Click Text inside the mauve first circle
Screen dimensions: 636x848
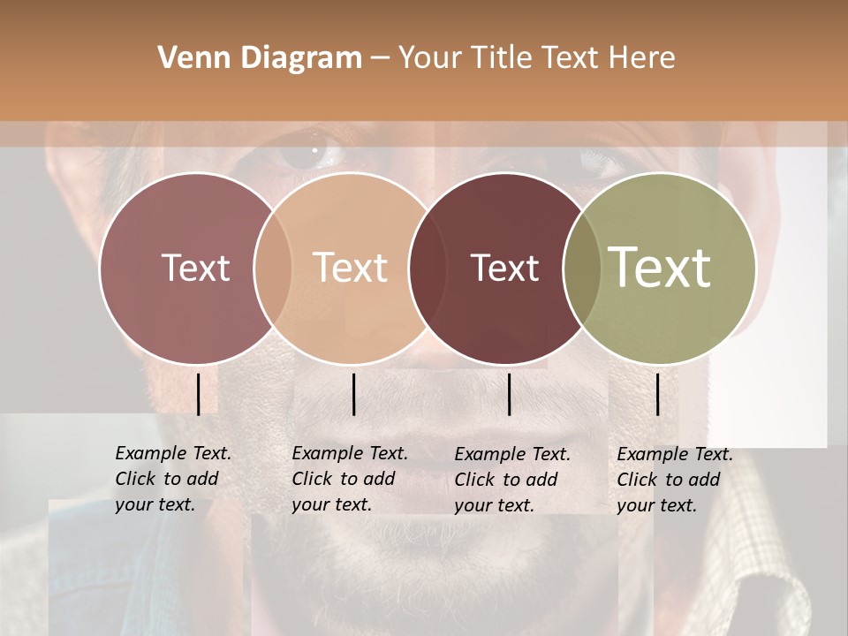195,268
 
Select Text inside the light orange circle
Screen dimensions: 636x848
351,268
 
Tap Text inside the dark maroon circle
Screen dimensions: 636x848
504,268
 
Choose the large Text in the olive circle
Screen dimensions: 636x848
660,267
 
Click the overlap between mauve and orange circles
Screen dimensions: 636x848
273,268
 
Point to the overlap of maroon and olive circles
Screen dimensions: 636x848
583,268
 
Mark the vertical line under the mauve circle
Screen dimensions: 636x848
198,394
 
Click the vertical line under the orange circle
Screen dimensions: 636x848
353,394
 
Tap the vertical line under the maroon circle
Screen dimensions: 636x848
509,394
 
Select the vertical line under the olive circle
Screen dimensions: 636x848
658,394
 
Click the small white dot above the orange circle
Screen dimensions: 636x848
314,150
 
